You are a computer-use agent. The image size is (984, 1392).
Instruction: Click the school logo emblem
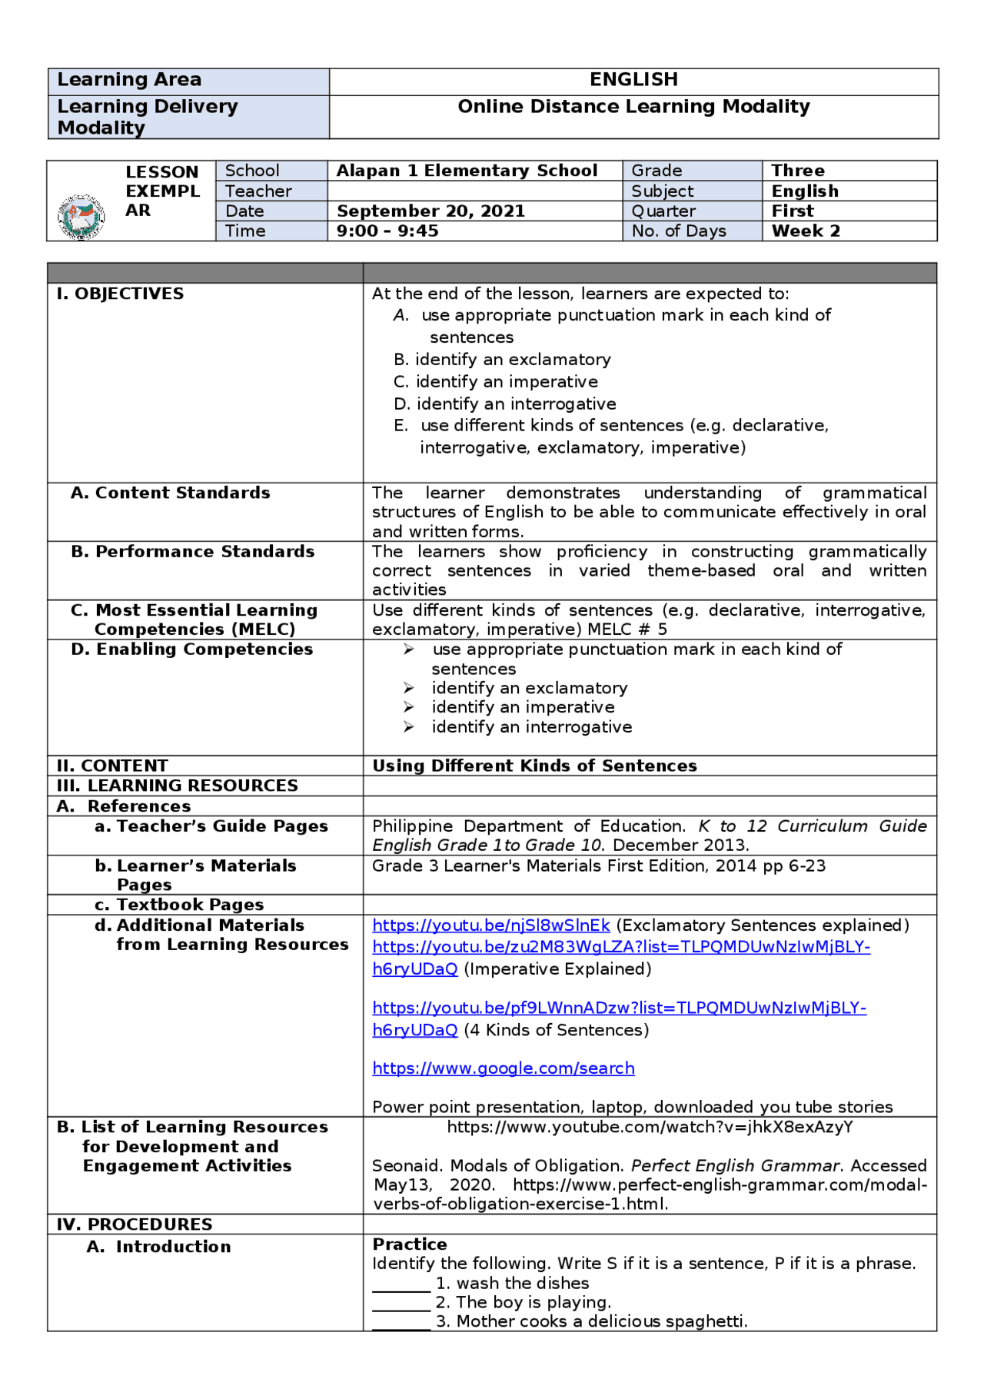tap(81, 217)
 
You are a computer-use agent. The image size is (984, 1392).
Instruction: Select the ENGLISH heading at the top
tap(633, 80)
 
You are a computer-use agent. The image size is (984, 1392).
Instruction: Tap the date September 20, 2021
tap(430, 211)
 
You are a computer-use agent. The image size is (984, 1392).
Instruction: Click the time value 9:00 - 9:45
tap(387, 231)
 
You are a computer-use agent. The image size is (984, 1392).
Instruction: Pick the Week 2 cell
tap(806, 231)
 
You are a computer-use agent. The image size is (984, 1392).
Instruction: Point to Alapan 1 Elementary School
tap(467, 171)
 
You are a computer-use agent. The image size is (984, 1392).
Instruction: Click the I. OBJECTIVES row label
tap(120, 294)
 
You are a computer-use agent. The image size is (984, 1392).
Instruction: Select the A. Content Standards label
tap(170, 493)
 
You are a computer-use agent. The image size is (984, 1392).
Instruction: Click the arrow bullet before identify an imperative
tap(409, 707)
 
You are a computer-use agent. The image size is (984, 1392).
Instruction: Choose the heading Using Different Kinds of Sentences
tap(534, 766)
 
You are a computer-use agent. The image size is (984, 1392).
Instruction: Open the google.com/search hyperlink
tap(503, 1068)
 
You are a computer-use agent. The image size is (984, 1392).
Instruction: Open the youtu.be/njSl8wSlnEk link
tap(490, 925)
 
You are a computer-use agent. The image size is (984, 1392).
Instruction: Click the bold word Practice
tap(410, 1244)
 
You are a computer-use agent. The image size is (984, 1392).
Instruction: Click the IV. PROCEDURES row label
tap(134, 1224)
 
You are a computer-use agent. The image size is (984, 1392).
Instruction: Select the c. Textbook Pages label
tap(179, 905)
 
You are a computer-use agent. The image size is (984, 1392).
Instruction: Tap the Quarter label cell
tap(663, 211)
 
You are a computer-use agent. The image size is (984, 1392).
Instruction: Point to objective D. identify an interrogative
tap(504, 404)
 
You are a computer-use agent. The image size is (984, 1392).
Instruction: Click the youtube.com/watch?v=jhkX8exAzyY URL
tap(650, 1128)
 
